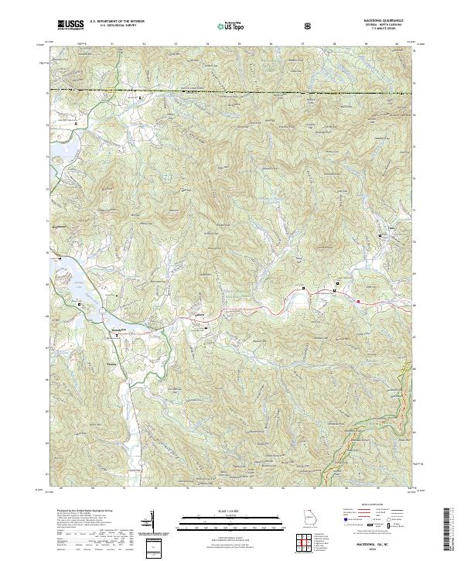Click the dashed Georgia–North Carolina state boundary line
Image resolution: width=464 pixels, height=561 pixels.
coord(232,93)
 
